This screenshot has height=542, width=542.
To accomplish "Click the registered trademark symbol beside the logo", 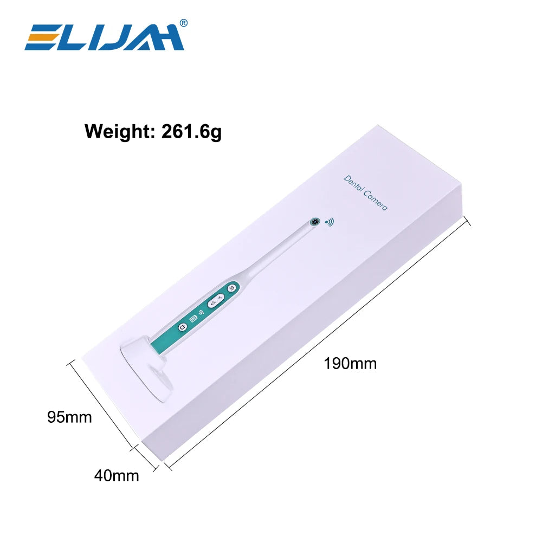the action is point(184,23).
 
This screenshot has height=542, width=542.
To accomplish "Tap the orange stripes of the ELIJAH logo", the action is point(46,37).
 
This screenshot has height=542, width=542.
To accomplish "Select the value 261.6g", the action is point(191,131).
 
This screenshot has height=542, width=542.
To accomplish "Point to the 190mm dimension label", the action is point(350,364).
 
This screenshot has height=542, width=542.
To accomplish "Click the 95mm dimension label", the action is point(69,417).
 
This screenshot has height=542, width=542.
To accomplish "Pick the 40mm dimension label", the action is point(117,476).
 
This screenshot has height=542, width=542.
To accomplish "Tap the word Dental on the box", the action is point(353,184).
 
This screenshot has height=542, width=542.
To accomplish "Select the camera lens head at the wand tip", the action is point(314,222).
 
